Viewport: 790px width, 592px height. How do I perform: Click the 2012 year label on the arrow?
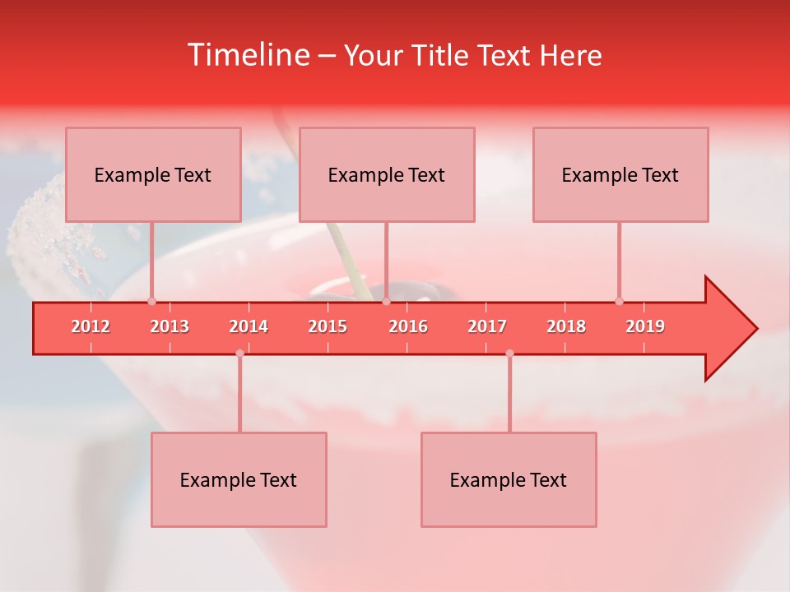91,326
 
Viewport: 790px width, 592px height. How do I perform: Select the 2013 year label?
170,326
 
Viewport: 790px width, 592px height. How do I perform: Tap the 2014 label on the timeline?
249,326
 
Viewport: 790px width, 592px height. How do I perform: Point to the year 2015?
328,326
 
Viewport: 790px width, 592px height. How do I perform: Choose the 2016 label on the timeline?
408,326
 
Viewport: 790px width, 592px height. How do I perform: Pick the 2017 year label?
487,326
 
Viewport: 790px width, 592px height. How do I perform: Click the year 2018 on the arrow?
566,326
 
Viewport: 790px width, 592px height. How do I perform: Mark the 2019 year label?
645,326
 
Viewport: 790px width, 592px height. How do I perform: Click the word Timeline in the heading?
248,55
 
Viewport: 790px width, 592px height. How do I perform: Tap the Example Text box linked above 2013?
153,174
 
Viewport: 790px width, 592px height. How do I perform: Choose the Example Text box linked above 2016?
387,174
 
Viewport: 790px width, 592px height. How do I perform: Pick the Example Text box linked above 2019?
620,174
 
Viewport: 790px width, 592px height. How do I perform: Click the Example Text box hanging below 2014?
239,479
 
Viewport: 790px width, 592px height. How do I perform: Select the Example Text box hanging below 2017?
509,479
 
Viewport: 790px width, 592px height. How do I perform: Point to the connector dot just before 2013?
151,301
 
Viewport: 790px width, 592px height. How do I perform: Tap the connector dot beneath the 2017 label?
509,354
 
